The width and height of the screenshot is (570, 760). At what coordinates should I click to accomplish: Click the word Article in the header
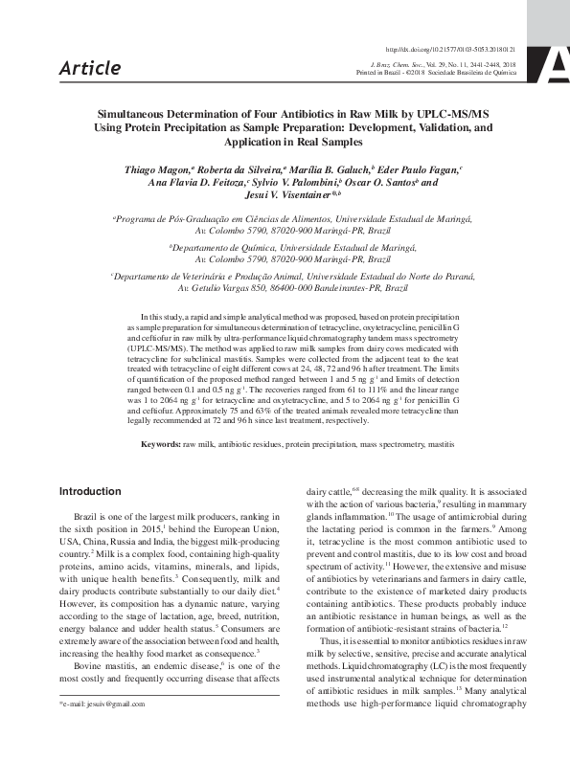(90, 68)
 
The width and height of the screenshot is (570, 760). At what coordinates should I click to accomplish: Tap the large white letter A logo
(557, 64)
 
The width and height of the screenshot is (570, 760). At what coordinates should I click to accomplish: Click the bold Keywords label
(161, 445)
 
